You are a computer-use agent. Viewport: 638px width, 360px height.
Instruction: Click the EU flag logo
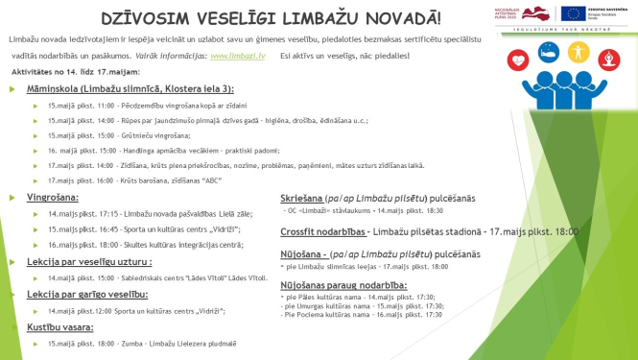pyautogui.click(x=573, y=14)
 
